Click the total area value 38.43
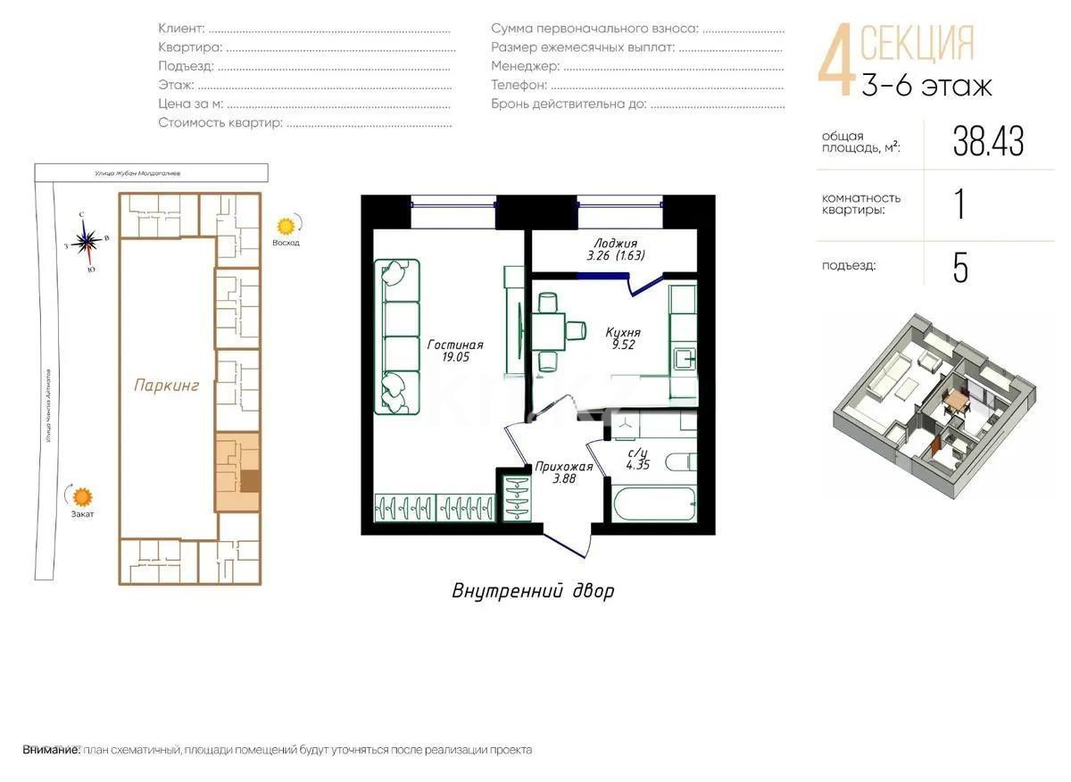[x=988, y=141]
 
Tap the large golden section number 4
[x=836, y=62]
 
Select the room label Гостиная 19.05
[x=454, y=351]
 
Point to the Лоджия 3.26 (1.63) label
[x=615, y=249]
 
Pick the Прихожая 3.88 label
[x=563, y=472]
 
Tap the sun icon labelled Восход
[x=286, y=226]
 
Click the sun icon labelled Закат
[x=83, y=496]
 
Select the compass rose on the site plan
[x=87, y=239]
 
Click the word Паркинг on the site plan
[x=166, y=386]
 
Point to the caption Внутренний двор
[x=533, y=590]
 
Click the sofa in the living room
[x=396, y=337]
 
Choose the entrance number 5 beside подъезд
[x=960, y=268]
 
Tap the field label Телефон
[x=519, y=85]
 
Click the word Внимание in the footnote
[x=51, y=750]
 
